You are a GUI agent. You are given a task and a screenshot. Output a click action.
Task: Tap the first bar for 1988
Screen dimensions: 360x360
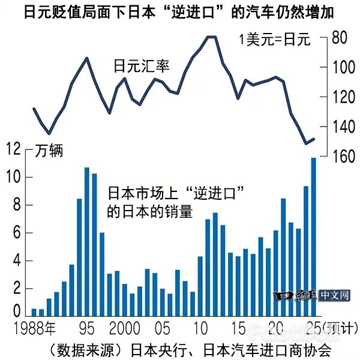34,312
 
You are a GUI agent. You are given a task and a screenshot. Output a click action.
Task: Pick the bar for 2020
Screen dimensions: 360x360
276,273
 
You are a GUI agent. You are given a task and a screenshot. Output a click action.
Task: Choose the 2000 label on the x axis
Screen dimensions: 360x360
125,328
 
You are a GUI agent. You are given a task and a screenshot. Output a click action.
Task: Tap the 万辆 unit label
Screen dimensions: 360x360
47,150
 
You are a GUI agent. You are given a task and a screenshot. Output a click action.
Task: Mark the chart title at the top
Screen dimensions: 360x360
179,12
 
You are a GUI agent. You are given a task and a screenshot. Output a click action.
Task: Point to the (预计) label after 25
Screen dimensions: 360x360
339,328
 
